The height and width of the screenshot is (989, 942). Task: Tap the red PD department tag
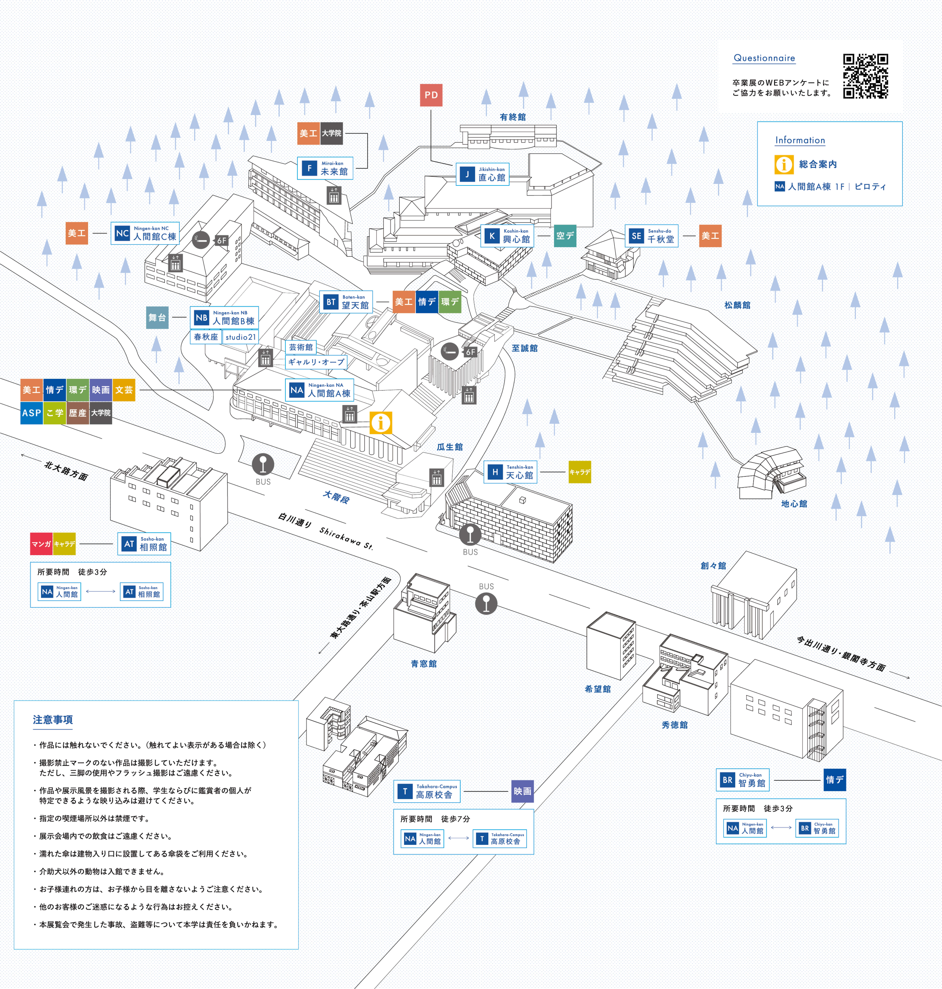(431, 95)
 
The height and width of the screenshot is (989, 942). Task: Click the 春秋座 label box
(206, 337)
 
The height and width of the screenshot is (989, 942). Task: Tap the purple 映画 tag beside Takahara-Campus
(522, 791)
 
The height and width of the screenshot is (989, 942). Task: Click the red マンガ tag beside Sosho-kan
(41, 544)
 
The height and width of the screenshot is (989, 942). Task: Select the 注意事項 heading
(53, 720)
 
